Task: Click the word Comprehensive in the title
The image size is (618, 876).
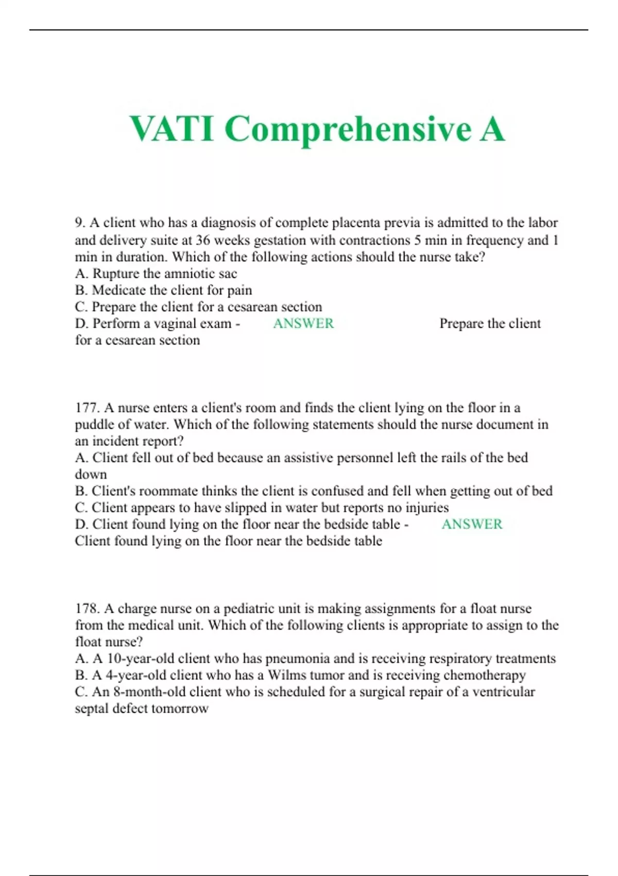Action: pyautogui.click(x=348, y=130)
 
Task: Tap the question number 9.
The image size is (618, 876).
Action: pyautogui.click(x=80, y=223)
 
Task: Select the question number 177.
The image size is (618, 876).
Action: pyautogui.click(x=87, y=408)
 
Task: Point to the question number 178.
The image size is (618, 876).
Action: pyautogui.click(x=87, y=609)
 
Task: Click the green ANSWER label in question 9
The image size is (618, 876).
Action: pyautogui.click(x=303, y=323)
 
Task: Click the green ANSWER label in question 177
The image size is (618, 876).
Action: pyautogui.click(x=472, y=524)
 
